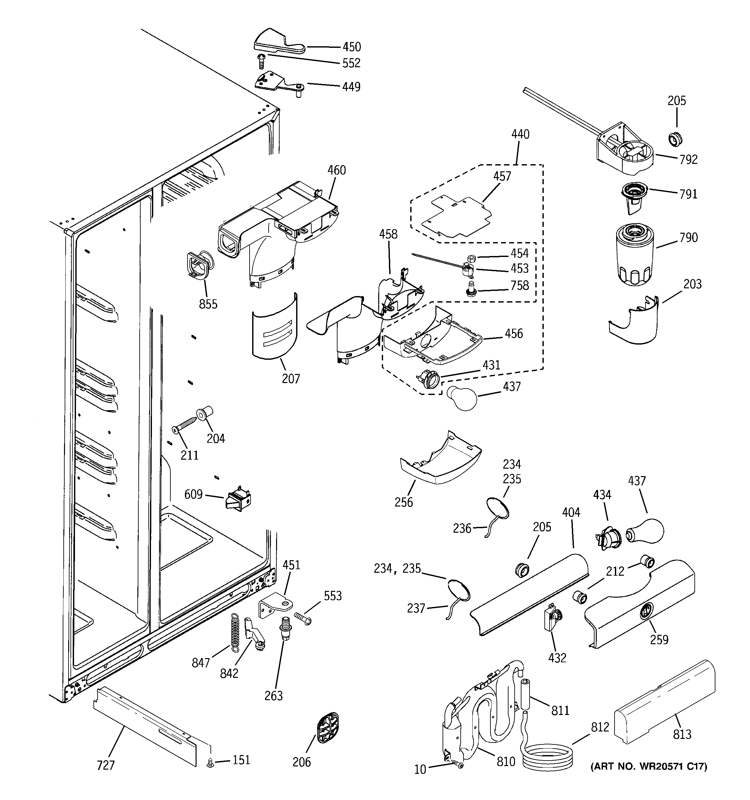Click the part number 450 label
pyautogui.click(x=351, y=47)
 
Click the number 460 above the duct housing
pyautogui.click(x=336, y=170)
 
